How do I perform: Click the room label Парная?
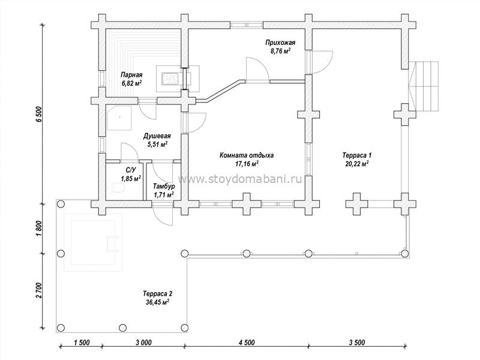[x=131, y=75]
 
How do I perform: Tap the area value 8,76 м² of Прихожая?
[x=280, y=51]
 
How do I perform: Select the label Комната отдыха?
[x=247, y=155]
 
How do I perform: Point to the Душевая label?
[x=157, y=136]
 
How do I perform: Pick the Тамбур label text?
[x=164, y=187]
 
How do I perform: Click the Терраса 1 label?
[x=357, y=155]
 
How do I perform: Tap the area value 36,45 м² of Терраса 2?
[x=158, y=302]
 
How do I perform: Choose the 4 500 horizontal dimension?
[x=247, y=342]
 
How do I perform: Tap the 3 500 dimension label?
[x=357, y=342]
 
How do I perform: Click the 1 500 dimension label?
[x=82, y=342]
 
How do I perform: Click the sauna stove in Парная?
[x=170, y=79]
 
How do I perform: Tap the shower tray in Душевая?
[x=119, y=118]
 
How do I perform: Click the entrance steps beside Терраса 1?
[x=424, y=86]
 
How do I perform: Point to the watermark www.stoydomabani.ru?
[x=240, y=179]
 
